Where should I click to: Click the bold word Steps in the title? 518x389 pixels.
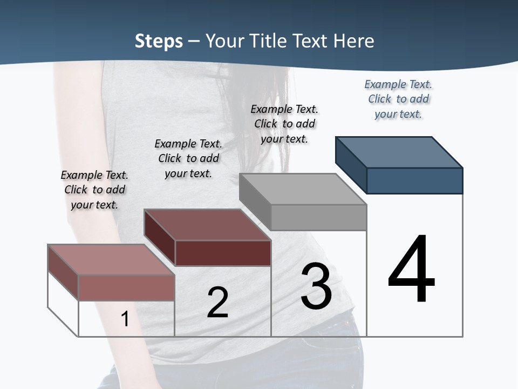pos(159,41)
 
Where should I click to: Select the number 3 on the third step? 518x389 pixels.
pos(316,286)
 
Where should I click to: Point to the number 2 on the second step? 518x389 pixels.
pos(217,303)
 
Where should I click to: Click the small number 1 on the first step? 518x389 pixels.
pos(125,319)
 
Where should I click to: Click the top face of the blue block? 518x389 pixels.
pos(399,152)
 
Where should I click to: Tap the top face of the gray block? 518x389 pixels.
pos(303,189)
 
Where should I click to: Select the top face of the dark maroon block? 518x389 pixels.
pos(207,225)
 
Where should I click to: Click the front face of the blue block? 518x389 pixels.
pos(414,180)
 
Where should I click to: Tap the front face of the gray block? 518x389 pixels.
pos(318,217)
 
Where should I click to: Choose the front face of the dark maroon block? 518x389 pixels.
pos(223,253)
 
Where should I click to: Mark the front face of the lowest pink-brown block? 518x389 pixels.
pos(127,287)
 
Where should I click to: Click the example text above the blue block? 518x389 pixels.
pos(398,99)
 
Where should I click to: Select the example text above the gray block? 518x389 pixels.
pos(284,124)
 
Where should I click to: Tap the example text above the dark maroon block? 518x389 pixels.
pos(188,158)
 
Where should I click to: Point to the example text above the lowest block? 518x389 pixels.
pos(94,190)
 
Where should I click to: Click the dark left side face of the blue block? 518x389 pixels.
pos(351,165)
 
